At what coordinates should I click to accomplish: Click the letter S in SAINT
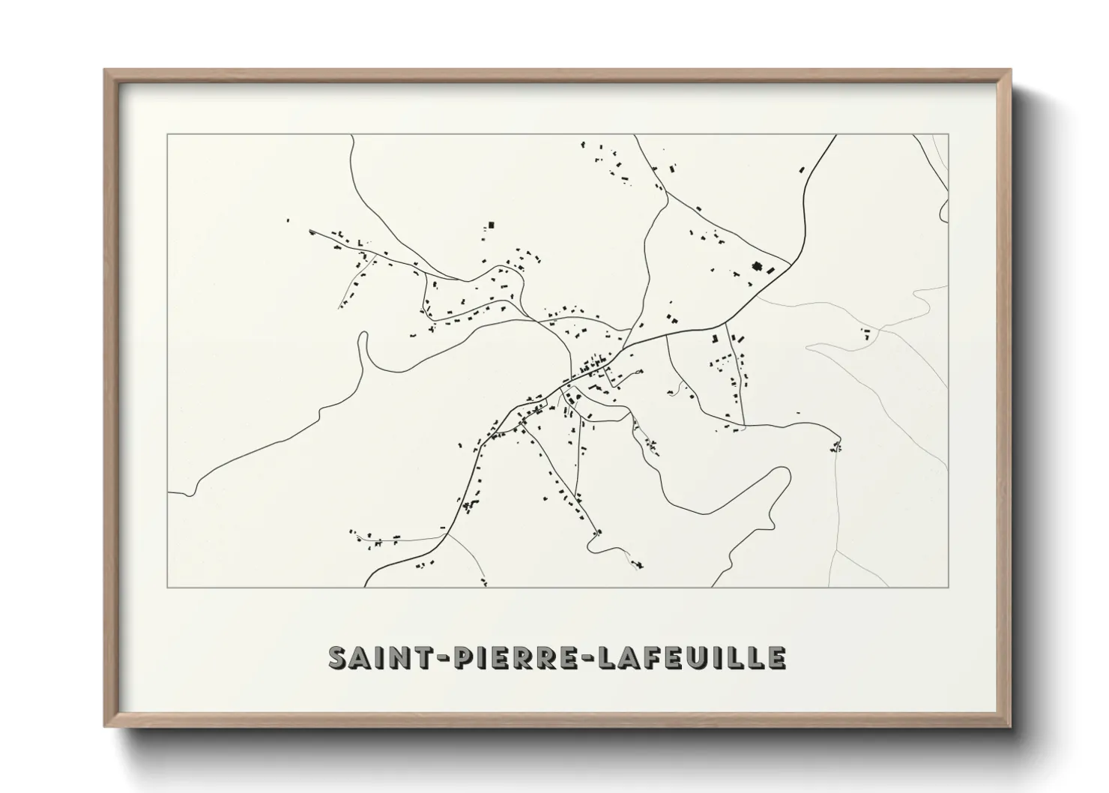pos(339,657)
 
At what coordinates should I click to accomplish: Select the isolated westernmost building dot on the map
pos(287,220)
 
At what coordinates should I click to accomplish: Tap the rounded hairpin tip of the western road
pos(363,334)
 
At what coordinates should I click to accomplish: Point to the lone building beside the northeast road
pos(802,170)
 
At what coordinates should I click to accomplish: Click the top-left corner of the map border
pos(167,134)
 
